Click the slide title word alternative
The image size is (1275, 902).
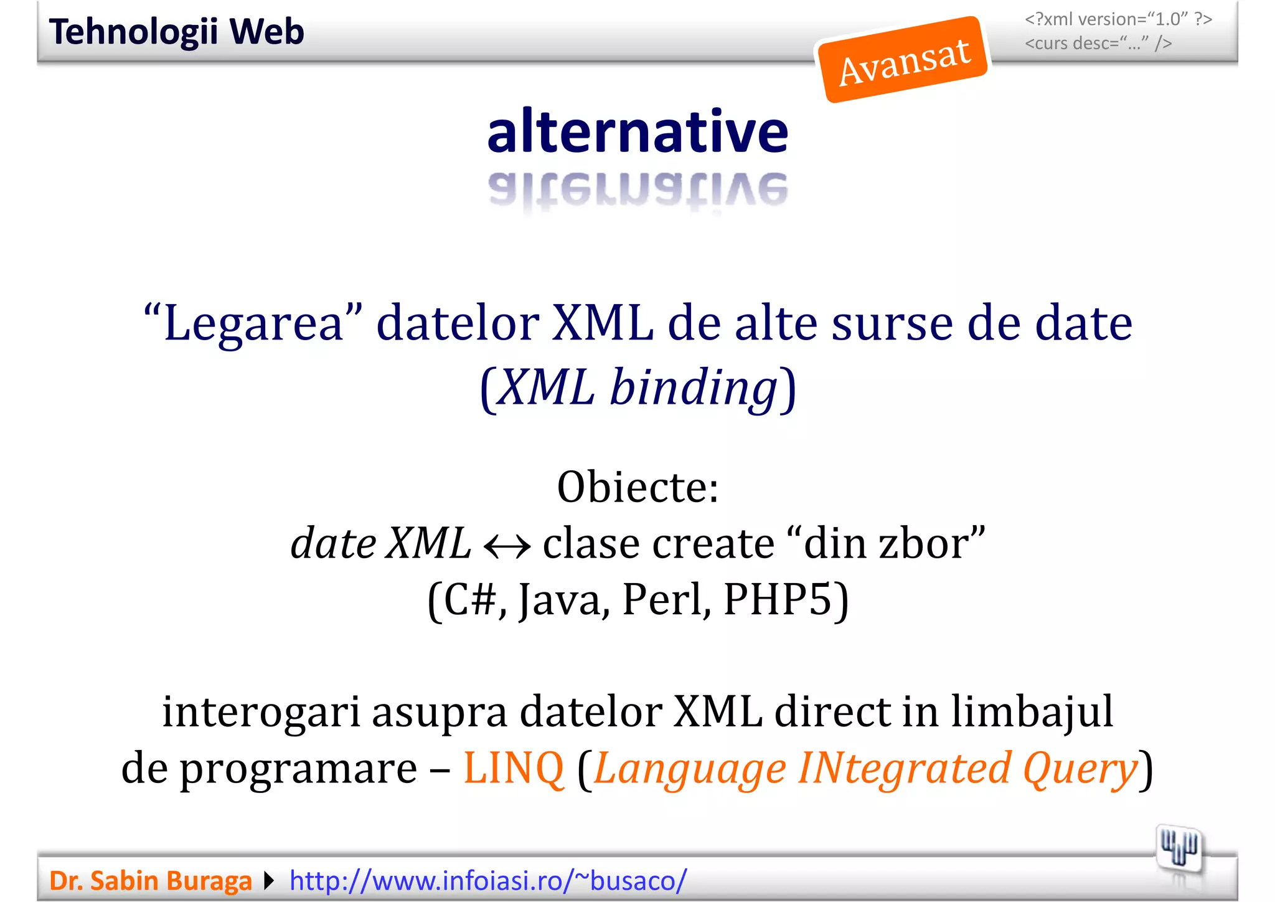click(637, 131)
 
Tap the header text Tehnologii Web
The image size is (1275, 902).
click(177, 32)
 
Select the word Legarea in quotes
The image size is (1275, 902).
click(253, 324)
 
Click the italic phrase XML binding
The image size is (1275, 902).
click(638, 387)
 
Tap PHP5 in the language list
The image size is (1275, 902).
click(778, 599)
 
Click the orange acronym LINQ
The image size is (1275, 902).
click(514, 768)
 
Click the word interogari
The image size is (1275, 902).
click(261, 712)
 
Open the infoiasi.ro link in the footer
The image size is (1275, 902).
click(488, 881)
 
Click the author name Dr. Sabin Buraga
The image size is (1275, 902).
click(151, 881)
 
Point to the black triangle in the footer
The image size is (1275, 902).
click(269, 881)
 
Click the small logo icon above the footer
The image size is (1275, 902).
click(1179, 848)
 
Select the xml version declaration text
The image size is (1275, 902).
click(1118, 20)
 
